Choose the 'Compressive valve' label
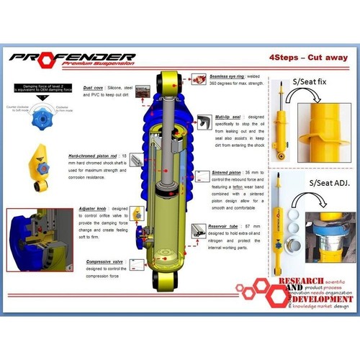104,262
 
